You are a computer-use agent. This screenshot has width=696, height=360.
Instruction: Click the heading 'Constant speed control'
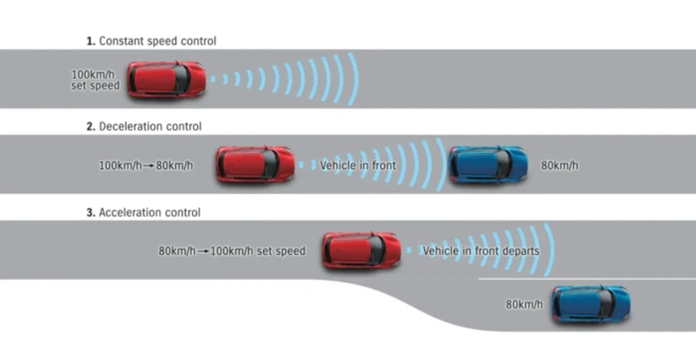(158, 42)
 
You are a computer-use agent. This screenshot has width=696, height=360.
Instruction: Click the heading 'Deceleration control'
(150, 127)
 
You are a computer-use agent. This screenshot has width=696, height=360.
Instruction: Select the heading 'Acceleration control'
(149, 213)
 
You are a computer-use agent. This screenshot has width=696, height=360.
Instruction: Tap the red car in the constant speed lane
(166, 79)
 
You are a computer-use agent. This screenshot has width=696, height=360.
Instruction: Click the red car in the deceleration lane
(255, 164)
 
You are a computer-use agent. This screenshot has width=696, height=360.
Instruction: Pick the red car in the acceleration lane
(362, 250)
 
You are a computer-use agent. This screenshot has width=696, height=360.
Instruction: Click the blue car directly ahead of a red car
(488, 164)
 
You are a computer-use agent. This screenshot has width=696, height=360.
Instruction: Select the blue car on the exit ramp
(591, 304)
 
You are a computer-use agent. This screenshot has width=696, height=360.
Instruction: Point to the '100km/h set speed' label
(95, 80)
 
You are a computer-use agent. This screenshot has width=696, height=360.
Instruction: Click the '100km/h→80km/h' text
(146, 166)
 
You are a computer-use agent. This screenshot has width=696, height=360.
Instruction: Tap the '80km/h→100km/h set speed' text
(232, 251)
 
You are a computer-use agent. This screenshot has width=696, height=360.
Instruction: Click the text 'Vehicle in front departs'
(481, 251)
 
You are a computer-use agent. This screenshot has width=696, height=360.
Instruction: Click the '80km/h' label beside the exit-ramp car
(524, 305)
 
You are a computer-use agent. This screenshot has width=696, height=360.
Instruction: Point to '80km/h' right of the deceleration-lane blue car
(559, 166)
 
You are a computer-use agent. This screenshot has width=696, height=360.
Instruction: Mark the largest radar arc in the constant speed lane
(355, 79)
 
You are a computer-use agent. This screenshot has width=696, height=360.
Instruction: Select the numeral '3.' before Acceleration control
(91, 213)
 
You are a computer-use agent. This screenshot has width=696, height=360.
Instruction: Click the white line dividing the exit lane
(580, 279)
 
